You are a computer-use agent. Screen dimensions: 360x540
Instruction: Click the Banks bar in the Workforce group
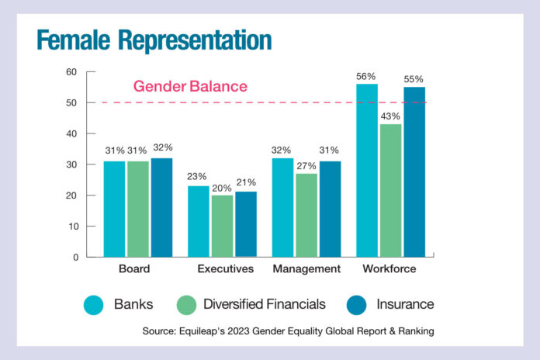[x=366, y=171]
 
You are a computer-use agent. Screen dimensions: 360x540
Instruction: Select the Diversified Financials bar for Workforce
[x=390, y=190]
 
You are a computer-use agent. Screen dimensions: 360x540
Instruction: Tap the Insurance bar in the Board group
[x=161, y=207]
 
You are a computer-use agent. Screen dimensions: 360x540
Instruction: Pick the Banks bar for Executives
[x=199, y=221]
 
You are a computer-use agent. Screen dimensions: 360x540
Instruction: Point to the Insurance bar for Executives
[x=245, y=224]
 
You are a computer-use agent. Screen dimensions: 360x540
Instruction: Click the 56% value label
[x=366, y=76]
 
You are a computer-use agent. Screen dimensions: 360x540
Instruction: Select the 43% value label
[x=390, y=116]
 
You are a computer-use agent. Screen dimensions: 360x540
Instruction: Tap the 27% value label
[x=306, y=165]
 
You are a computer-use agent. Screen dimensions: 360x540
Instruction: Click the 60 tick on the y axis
[x=71, y=72]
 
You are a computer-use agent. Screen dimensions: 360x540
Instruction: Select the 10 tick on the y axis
[x=71, y=227]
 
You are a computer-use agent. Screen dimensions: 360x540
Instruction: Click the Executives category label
[x=226, y=269]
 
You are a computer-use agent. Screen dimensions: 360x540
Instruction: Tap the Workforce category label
[x=389, y=269]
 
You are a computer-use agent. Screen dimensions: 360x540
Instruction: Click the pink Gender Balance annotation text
[x=190, y=86]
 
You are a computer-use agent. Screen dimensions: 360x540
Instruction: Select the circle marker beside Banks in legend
[x=93, y=304]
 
